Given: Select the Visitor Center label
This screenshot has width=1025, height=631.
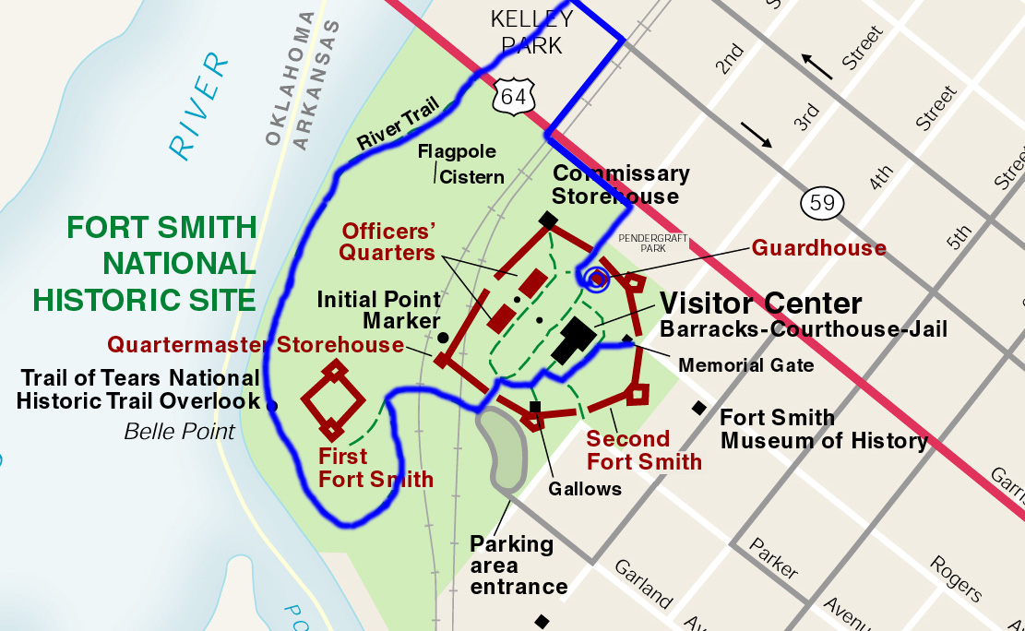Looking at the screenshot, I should pos(761,304).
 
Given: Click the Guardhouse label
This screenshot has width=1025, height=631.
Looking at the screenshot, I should pos(818,247).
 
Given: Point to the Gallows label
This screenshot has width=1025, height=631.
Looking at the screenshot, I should pos(584,488).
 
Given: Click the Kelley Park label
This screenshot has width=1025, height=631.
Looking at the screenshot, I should pos(532,31).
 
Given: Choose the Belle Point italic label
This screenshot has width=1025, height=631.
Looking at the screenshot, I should pos(179,431).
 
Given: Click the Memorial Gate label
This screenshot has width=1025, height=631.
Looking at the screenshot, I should pos(745,365).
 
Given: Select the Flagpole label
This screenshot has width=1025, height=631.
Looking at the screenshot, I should pos(457,151).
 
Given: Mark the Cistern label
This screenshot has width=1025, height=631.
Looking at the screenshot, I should pos(471,176).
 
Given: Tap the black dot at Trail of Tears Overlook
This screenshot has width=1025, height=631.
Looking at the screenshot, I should pos(271,405).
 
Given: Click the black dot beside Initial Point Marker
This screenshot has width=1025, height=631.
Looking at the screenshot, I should pos(443,338).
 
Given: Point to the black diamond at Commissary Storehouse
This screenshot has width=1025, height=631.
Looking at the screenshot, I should pos(548,220).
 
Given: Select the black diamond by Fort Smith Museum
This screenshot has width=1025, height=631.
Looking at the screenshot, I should pos(699,408).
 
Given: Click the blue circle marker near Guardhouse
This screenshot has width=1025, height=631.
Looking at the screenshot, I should pos(596,277).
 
